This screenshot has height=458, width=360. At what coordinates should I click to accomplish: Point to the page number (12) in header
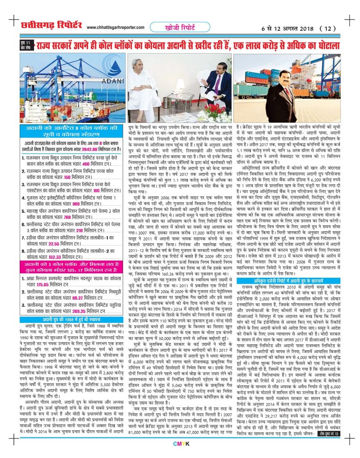coord(328,28)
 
